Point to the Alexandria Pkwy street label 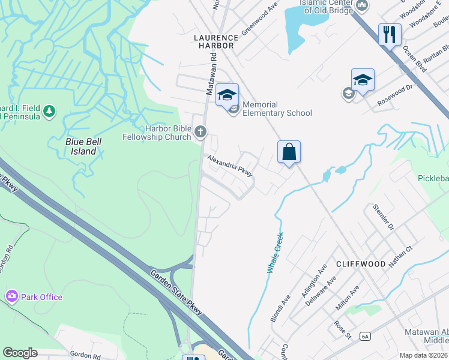coord(230,166)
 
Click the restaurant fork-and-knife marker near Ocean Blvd coord(390,34)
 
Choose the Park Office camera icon coord(11,296)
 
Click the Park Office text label coord(42,297)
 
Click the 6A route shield coord(366,337)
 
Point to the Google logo coord(20,353)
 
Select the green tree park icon coord(49,110)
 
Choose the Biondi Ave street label coord(280,308)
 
